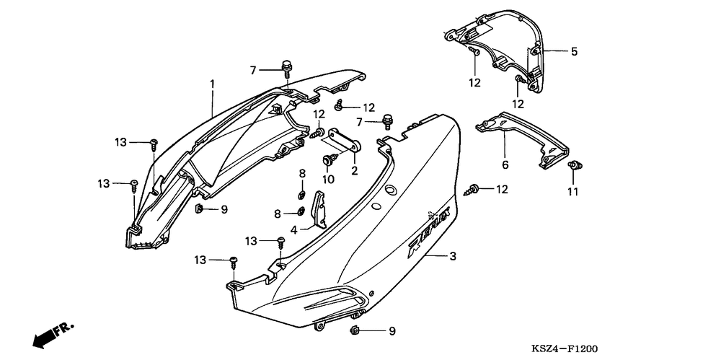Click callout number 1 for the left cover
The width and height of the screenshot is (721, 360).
click(213, 84)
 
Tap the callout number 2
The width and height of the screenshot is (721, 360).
click(354, 171)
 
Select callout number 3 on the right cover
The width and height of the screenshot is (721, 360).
click(453, 256)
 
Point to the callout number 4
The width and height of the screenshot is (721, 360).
click(294, 230)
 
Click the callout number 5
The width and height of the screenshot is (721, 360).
click(574, 52)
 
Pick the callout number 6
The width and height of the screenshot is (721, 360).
click(505, 165)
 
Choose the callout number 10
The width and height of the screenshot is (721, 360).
click(328, 179)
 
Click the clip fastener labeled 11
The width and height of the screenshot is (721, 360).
click(575, 167)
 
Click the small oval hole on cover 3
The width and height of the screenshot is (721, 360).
click(390, 190)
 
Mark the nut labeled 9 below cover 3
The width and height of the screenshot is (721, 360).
click(355, 330)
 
